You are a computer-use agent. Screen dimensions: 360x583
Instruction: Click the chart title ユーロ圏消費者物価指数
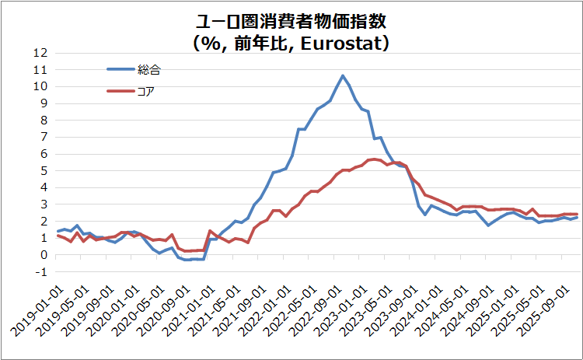tap(291, 21)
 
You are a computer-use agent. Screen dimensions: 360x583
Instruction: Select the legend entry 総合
tap(148, 69)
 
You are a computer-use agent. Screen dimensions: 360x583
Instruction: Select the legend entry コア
tap(146, 91)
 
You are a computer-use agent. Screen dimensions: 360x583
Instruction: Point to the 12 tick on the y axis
tap(40, 53)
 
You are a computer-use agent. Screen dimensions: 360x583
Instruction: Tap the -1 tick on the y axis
tap(43, 272)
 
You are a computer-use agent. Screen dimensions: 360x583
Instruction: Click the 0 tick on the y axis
tap(44, 255)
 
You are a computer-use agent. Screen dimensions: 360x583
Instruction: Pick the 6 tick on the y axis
tap(44, 154)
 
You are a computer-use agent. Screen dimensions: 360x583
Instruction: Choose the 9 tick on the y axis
tap(44, 103)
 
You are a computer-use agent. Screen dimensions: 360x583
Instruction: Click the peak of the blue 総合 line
tap(342, 75)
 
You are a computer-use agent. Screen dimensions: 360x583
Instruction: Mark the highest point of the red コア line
tap(375, 159)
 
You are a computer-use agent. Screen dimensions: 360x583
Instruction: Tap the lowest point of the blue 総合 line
tap(188, 260)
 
